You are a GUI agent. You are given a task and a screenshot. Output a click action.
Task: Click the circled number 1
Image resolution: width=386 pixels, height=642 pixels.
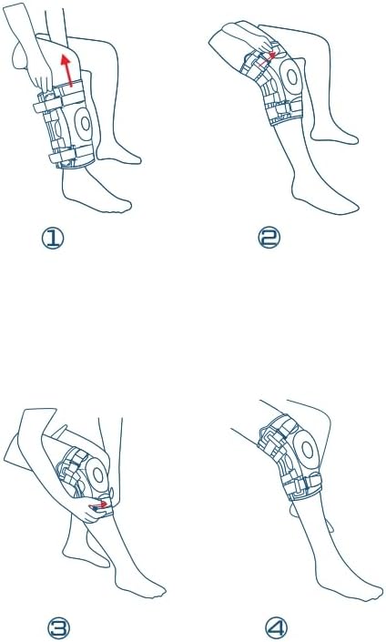[53, 239]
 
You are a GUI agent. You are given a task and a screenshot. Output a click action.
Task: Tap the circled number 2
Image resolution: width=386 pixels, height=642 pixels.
[269, 239]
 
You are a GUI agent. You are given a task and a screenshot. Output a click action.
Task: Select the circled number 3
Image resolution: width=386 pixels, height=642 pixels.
[58, 627]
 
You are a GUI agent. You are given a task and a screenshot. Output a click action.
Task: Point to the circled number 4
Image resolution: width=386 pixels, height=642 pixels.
[276, 627]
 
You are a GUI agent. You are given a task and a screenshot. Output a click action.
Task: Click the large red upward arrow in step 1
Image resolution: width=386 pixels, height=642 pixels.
[67, 69]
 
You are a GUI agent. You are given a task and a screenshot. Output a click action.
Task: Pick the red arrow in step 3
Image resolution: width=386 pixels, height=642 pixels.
[102, 504]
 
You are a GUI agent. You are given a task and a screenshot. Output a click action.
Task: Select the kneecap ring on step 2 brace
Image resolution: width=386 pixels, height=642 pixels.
[291, 76]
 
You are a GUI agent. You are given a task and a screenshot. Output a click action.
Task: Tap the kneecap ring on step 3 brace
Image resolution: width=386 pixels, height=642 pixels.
[97, 474]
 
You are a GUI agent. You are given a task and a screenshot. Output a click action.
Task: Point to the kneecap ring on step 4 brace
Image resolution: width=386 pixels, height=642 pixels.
[307, 451]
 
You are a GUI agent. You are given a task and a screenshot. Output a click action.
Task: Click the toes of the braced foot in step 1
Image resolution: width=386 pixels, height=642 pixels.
[121, 207]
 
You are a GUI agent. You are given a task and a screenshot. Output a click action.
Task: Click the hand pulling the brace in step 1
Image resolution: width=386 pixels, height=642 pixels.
[42, 75]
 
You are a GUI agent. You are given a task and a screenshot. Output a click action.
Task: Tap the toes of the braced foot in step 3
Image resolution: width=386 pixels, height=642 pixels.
[155, 590]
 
